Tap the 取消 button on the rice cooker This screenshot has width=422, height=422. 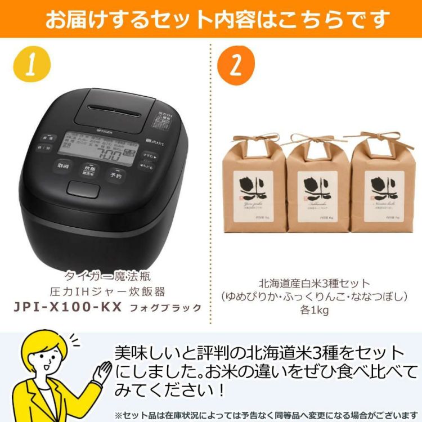pyautogui.click(x=62, y=166)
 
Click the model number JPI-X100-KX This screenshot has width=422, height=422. pyautogui.click(x=67, y=308)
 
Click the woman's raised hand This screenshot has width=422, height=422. pyautogui.click(x=103, y=369)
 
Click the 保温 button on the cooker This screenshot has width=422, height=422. pyautogui.click(x=49, y=137)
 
